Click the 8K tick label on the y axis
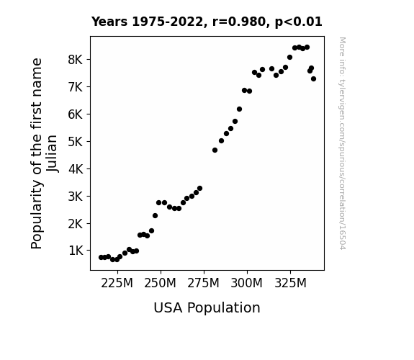tap(76, 60)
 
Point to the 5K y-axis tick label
tap(76, 142)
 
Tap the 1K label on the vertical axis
tap(76, 251)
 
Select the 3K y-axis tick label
tap(76, 197)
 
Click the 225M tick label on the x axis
tap(117, 283)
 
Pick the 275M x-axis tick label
tap(203, 283)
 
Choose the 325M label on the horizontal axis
tap(290, 283)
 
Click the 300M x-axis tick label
tap(247, 283)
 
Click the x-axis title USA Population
tap(207, 308)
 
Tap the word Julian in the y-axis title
tap(52, 153)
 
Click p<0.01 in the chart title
tap(299, 22)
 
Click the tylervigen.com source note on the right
tap(342, 143)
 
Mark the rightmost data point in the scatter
tap(313, 78)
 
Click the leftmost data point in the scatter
tap(101, 257)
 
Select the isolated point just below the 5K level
tap(215, 150)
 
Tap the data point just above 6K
tap(239, 109)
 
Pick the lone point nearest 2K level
tap(155, 215)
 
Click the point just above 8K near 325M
tap(289, 58)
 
